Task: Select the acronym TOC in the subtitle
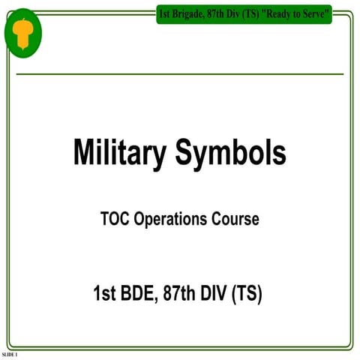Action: pos(115,220)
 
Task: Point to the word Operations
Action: pos(177,220)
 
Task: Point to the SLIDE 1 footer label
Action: pos(10,353)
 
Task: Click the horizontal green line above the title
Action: pos(179,74)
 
